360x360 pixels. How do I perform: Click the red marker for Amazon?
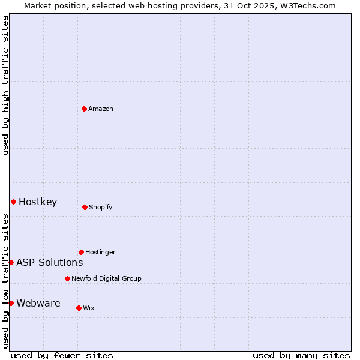coord(84,109)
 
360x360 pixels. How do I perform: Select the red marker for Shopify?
coord(85,207)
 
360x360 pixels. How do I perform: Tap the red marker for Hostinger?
coord(81,252)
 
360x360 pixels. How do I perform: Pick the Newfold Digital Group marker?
coord(67,278)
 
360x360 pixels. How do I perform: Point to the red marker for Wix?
coord(79,308)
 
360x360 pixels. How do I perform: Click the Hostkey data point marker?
coord(13,202)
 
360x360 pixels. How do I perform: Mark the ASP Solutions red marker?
coord(11,262)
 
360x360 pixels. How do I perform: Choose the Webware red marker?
coord(11,303)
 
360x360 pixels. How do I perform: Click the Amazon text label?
coord(101,109)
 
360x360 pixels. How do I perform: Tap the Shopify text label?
coord(101,207)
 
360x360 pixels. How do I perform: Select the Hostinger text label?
coord(100,252)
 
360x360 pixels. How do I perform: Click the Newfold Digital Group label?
coord(106,278)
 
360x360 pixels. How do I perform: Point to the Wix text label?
coord(89,308)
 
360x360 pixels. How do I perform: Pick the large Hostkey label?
coord(38,202)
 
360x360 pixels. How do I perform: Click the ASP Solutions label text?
coord(49,262)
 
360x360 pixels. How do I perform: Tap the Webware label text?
coord(38,303)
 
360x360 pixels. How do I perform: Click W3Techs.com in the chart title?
coord(306,5)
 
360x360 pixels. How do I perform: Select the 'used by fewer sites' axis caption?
coord(62,355)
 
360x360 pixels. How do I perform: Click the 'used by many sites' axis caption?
coord(301,355)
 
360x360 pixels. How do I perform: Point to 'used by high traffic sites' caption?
coord(5,85)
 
